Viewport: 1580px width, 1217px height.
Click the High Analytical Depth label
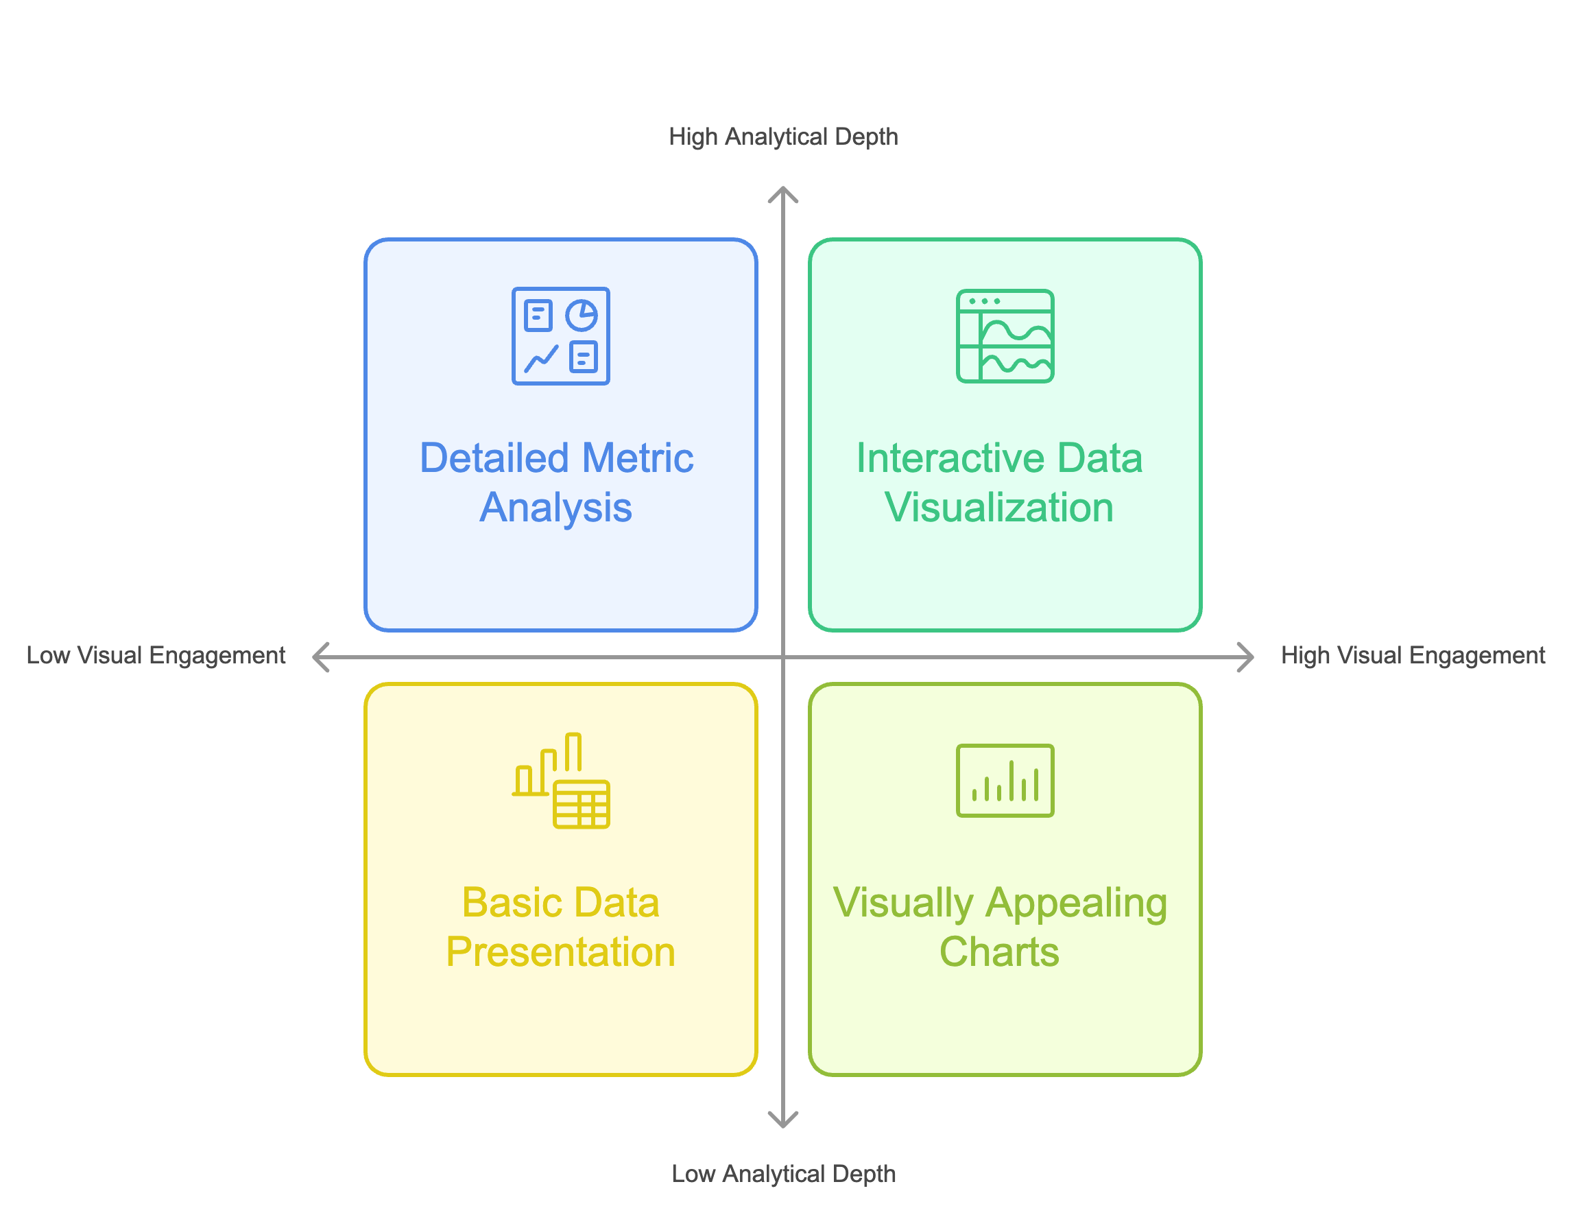[782, 137]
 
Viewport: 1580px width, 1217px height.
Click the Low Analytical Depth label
[782, 1173]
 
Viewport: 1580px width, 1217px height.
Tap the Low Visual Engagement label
[156, 655]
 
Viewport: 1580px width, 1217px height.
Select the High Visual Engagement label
[1412, 655]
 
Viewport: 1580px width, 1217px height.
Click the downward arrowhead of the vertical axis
[782, 1122]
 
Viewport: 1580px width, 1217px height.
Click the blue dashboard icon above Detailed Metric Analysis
[561, 335]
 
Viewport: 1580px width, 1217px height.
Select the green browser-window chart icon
[1005, 335]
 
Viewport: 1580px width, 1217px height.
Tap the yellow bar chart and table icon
[561, 781]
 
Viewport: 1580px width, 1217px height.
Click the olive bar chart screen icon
[1005, 781]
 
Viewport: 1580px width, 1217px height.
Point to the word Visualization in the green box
[999, 507]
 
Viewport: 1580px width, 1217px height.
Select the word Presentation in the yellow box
[561, 952]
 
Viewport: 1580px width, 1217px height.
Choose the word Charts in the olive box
[999, 952]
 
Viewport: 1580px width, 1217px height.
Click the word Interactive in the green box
[950, 458]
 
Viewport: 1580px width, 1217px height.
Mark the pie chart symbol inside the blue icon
[582, 316]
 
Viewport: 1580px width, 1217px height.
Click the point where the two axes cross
[782, 657]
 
